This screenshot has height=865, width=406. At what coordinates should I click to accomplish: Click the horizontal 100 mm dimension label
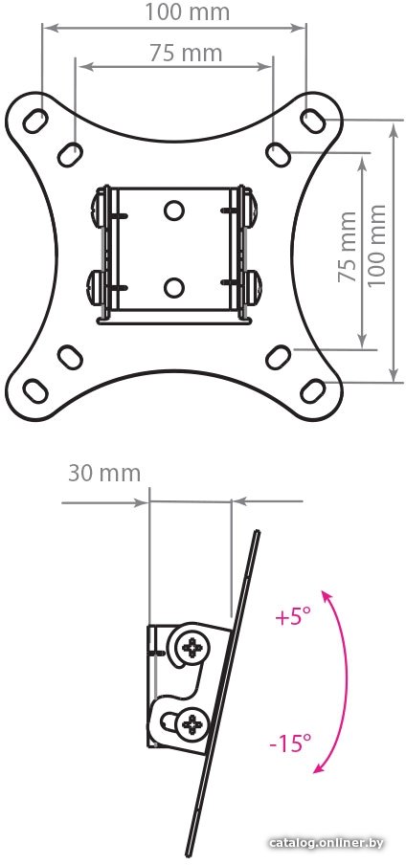click(188, 11)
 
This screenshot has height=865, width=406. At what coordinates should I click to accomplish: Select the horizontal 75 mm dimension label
click(186, 53)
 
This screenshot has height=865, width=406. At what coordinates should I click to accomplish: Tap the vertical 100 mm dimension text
click(377, 244)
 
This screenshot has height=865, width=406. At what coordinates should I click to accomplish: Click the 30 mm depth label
click(104, 474)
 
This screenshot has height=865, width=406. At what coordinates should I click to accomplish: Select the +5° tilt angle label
click(294, 617)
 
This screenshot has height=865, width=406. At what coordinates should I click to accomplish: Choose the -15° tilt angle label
click(290, 743)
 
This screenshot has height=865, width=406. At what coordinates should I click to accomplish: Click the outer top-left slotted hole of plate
click(35, 121)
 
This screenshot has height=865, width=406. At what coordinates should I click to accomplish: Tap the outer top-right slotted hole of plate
click(313, 121)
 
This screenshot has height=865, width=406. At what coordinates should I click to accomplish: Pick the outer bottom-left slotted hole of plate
click(35, 390)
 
